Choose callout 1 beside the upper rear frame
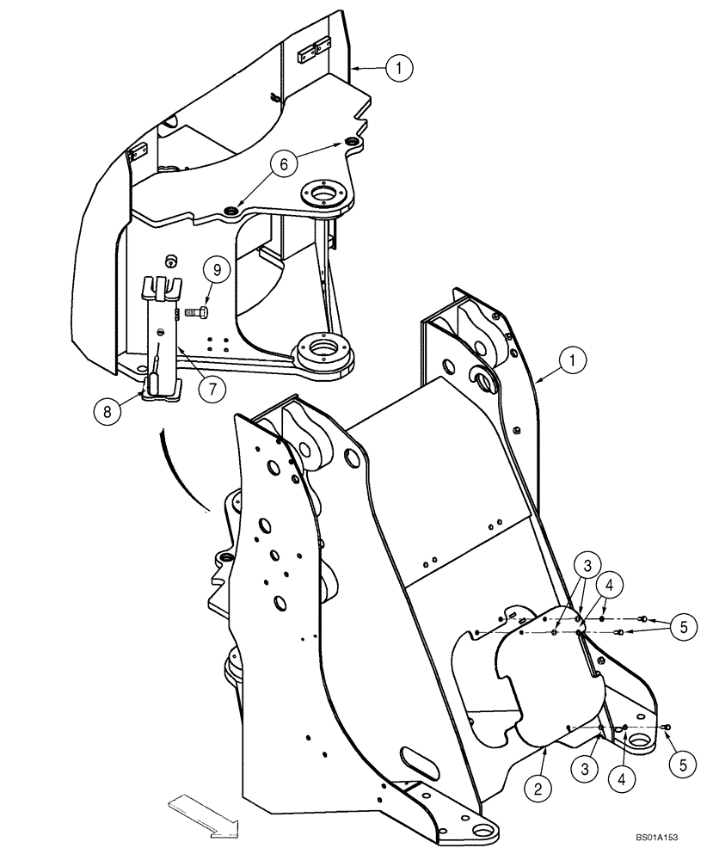point(399,66)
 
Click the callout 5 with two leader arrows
point(684,626)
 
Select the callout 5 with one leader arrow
point(684,763)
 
